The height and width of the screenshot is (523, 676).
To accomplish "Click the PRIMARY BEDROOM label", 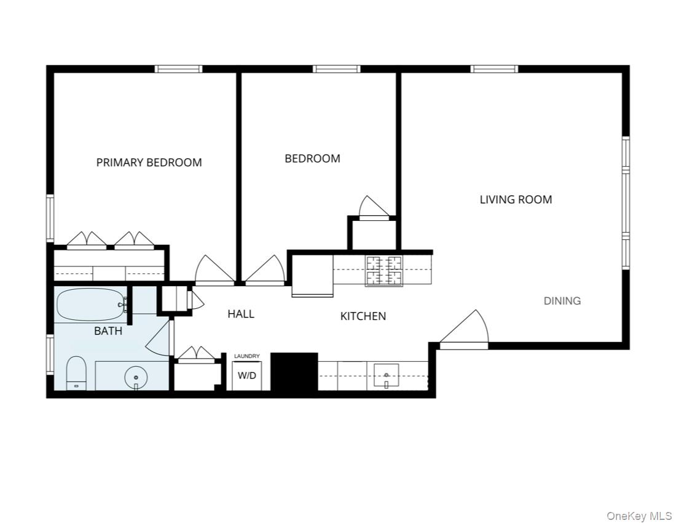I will tap(149, 162).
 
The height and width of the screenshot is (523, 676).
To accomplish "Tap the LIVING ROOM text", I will tap(516, 199).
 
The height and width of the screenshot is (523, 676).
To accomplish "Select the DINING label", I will tap(562, 301).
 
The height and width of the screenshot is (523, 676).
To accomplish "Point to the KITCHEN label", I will tap(363, 316).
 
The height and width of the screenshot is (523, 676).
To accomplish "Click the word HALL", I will tap(241, 314).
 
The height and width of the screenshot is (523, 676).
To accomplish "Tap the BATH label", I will tap(108, 331).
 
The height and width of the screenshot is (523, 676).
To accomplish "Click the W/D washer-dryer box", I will tap(247, 375).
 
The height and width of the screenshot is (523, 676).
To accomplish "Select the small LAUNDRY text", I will tap(247, 356).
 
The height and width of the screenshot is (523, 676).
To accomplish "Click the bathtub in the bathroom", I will tap(90, 304).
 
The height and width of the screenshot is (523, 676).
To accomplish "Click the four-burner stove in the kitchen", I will tap(384, 271).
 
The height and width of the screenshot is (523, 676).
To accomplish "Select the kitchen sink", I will tap(386, 375).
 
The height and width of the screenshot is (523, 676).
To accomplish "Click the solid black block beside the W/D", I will tap(294, 371).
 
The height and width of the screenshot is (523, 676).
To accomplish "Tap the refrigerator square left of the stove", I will tap(312, 275).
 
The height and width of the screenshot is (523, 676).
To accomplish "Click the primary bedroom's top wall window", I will tap(178, 69).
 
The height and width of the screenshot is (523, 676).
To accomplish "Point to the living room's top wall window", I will tap(494, 69).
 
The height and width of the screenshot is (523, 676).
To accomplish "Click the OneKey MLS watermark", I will tap(639, 516).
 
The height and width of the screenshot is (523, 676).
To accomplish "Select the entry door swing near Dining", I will tap(465, 329).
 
